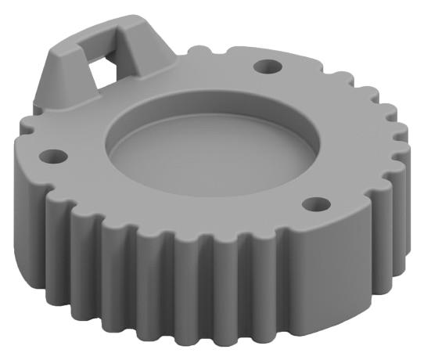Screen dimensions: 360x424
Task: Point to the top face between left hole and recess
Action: tap(82, 157)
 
